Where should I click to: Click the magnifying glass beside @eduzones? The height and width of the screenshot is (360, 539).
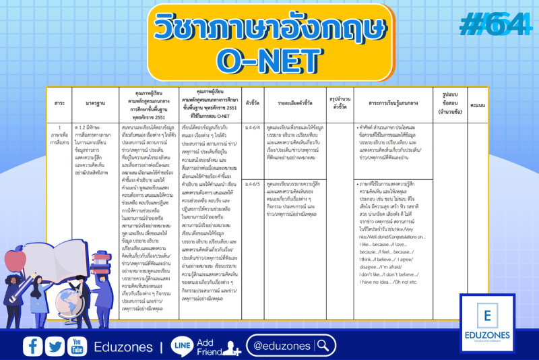[x=324, y=346]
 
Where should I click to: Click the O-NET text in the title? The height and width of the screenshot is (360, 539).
[x=268, y=59]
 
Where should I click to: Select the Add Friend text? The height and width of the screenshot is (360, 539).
[x=209, y=347]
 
